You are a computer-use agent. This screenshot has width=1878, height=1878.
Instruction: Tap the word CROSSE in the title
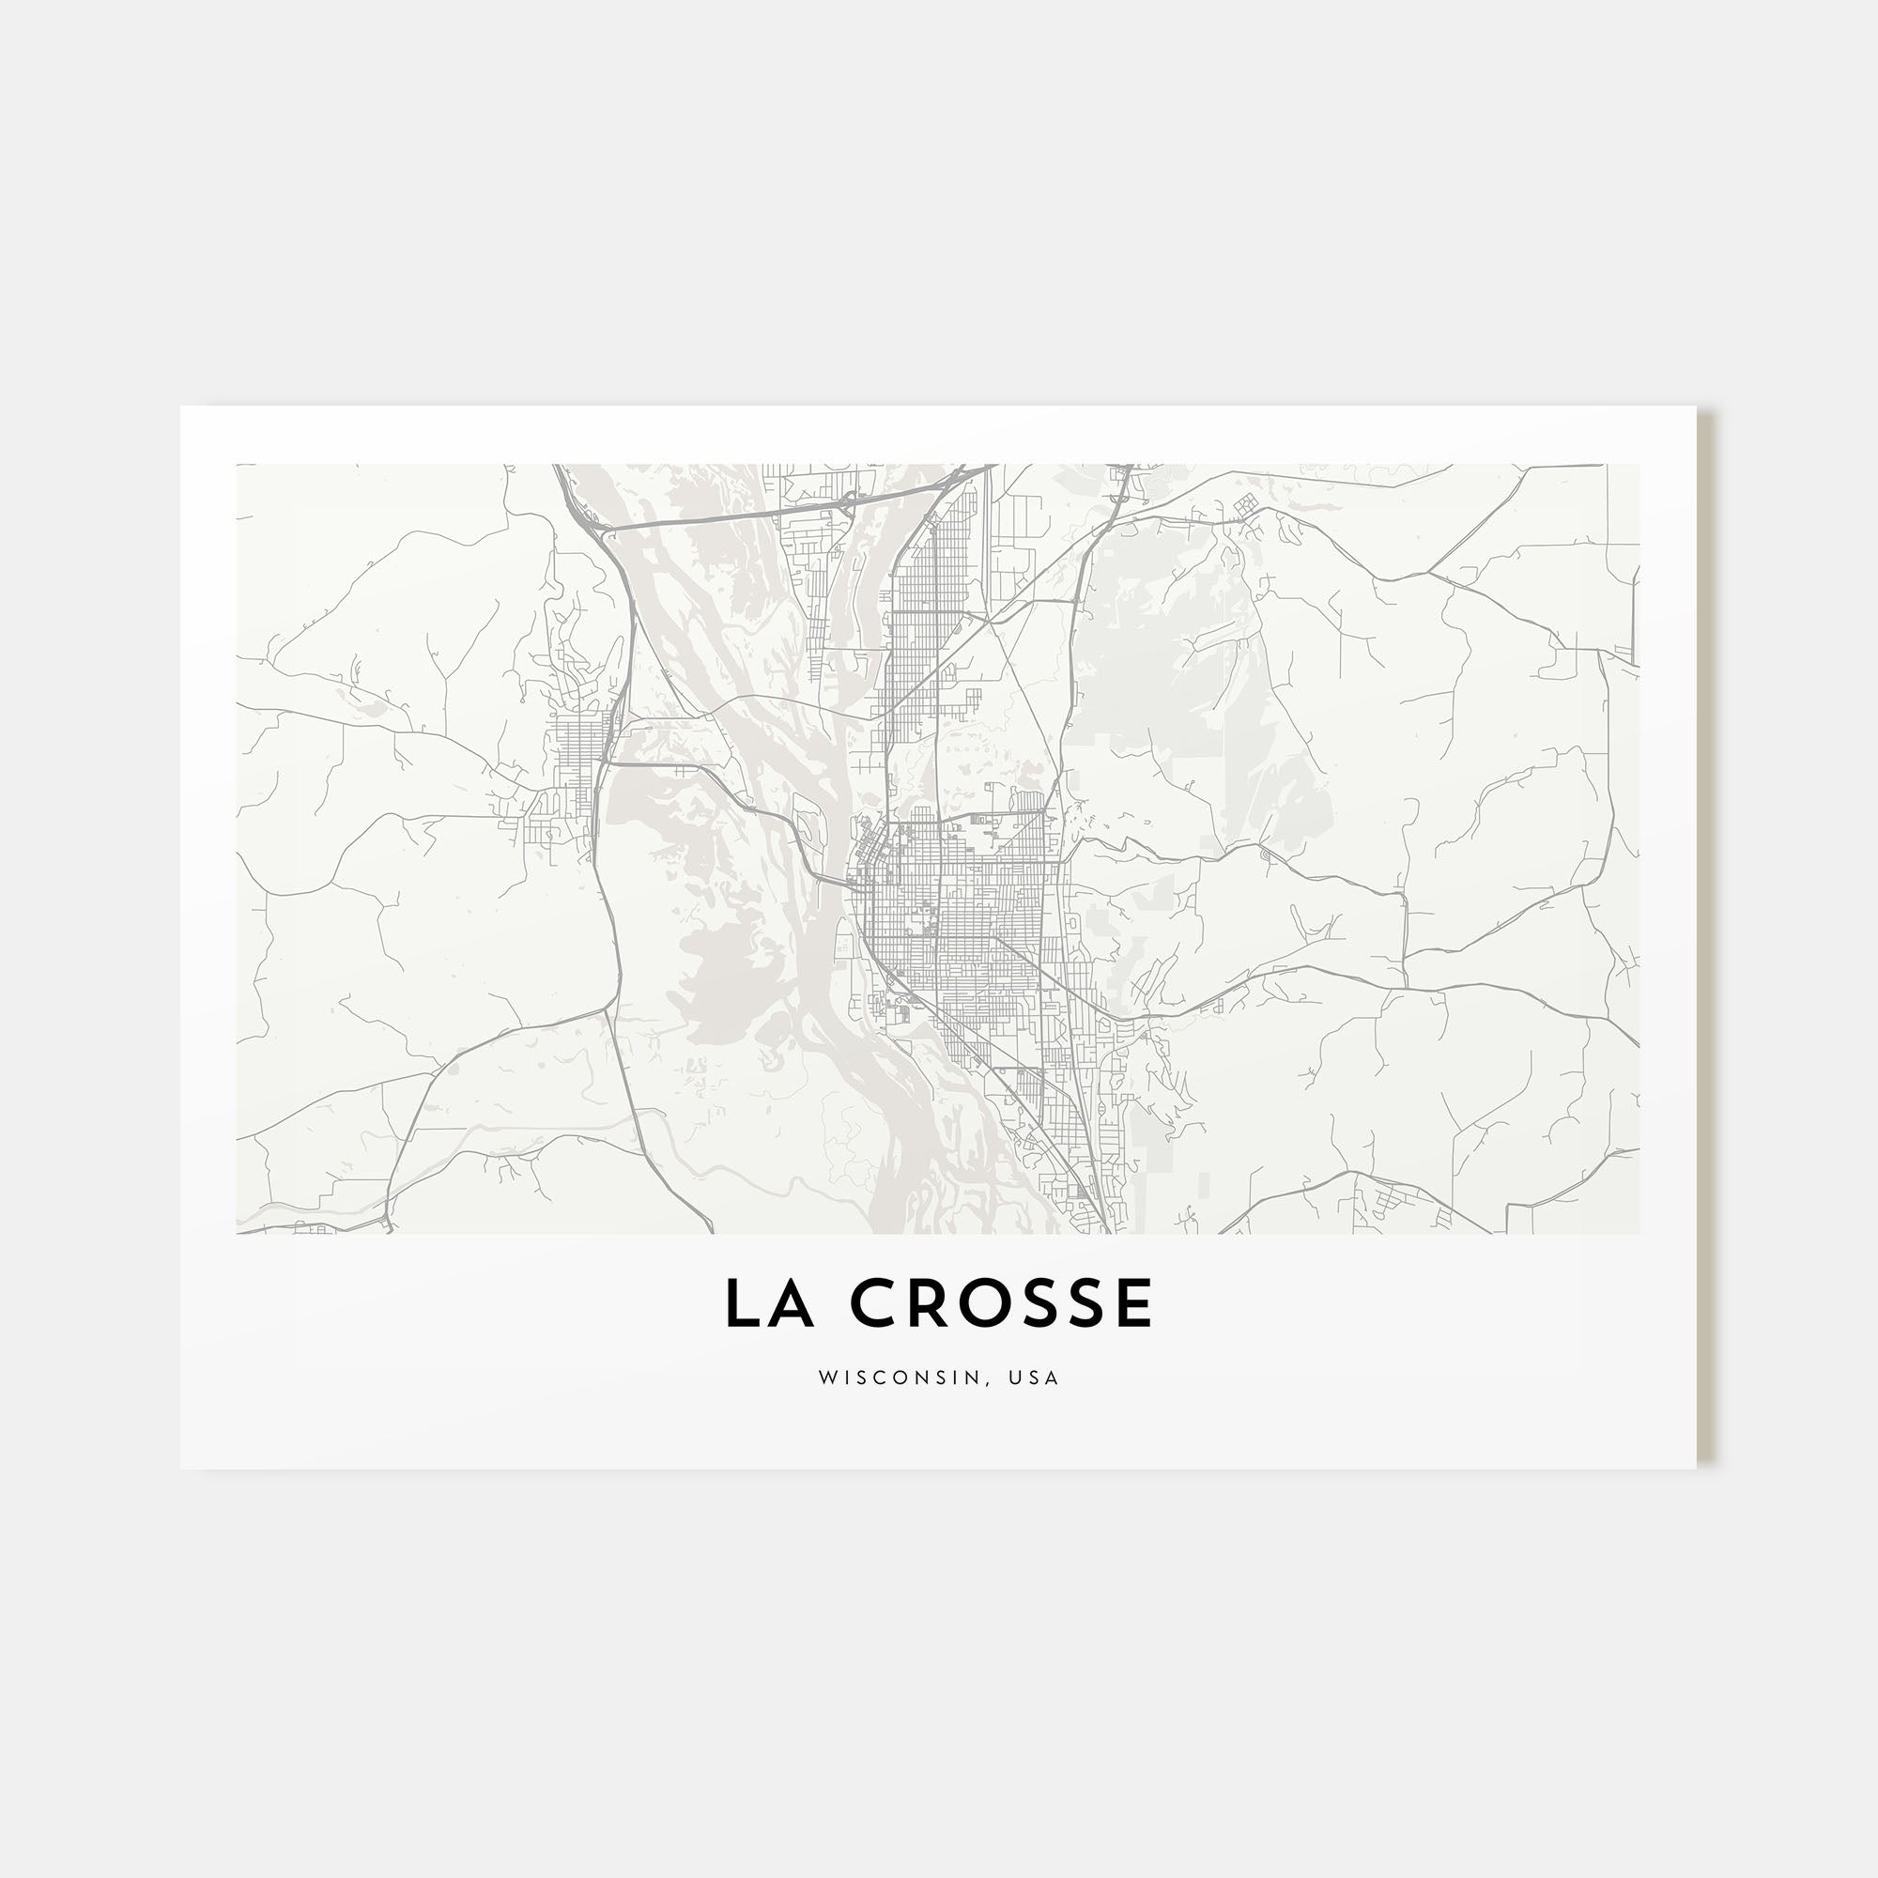[1001, 1303]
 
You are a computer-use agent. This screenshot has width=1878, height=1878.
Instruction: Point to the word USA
[1033, 1378]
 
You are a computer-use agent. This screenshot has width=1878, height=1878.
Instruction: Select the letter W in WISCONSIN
[826, 1378]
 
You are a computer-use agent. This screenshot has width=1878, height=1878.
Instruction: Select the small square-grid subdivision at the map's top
[1244, 503]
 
